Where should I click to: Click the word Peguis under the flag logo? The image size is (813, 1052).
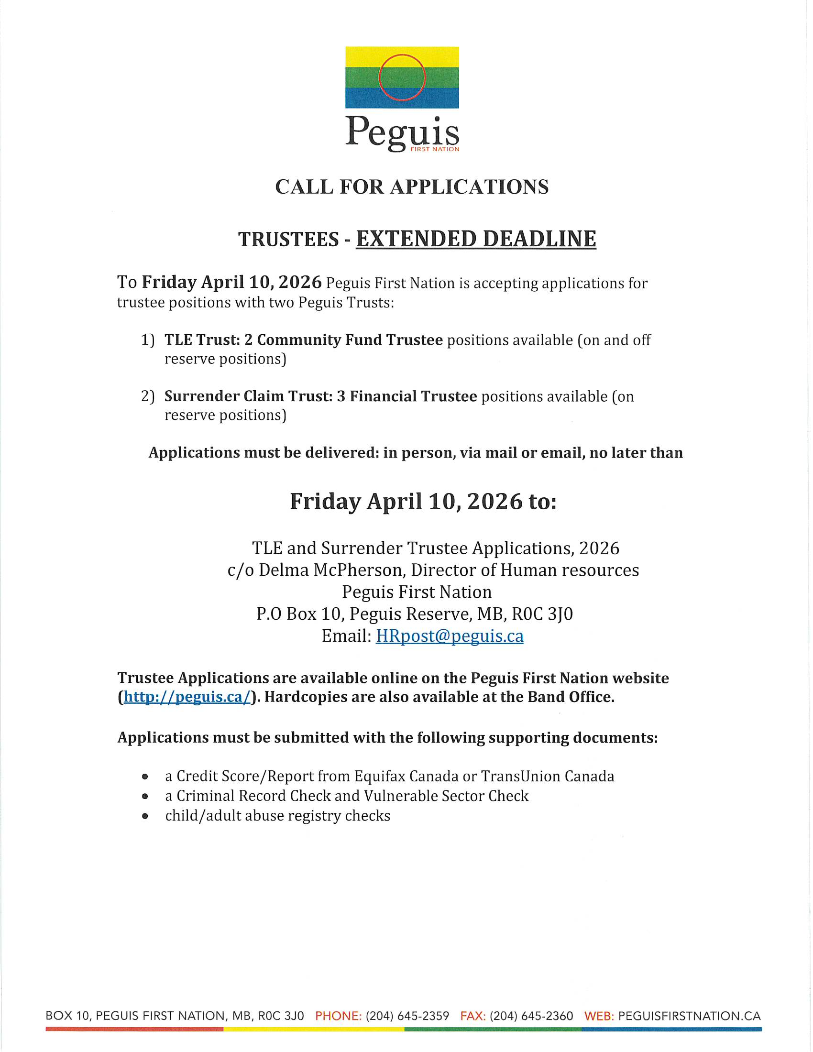point(402,131)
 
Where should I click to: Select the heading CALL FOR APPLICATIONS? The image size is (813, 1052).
point(412,187)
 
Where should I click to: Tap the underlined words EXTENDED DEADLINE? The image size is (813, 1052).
point(476,239)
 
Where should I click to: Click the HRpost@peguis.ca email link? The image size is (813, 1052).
point(450,636)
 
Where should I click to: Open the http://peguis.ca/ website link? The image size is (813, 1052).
point(187,697)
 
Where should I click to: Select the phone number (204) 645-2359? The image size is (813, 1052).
point(407,1016)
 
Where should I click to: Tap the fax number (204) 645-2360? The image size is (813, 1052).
point(531,1016)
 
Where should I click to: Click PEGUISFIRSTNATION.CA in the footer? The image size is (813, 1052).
point(689,1016)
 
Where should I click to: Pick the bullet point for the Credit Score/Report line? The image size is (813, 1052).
point(145,777)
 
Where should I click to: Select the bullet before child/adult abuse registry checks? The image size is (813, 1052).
point(145,816)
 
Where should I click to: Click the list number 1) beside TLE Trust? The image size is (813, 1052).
point(148,340)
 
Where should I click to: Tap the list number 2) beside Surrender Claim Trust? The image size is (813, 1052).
point(148,396)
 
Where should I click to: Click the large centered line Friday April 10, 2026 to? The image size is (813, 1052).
point(423,502)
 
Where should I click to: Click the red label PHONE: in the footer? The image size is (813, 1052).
point(338,1016)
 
